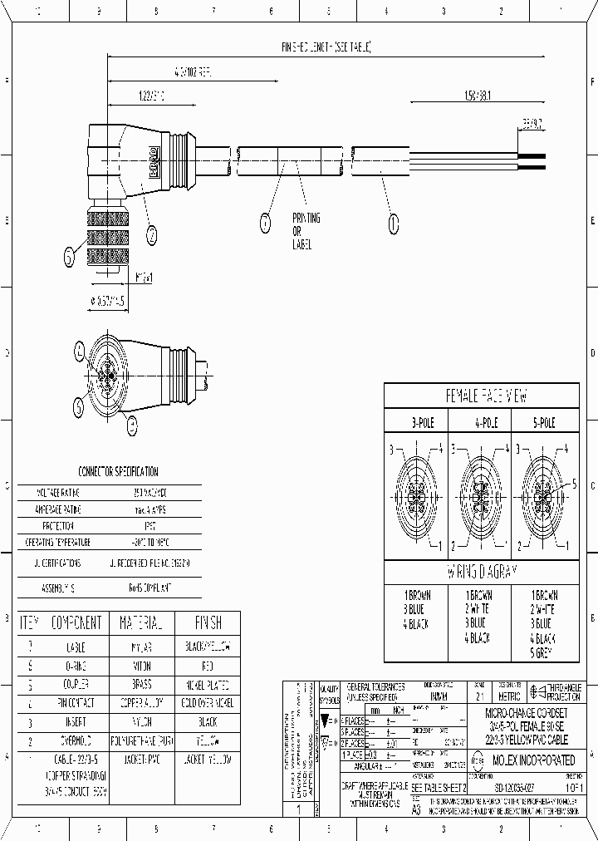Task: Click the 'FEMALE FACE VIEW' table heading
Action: click(x=482, y=396)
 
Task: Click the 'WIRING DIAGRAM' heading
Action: click(x=482, y=572)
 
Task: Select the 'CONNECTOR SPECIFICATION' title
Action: click(x=118, y=471)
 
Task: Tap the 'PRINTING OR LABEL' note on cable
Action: click(x=306, y=232)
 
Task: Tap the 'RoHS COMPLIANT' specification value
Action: click(x=149, y=587)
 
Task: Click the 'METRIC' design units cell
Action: click(x=508, y=696)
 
